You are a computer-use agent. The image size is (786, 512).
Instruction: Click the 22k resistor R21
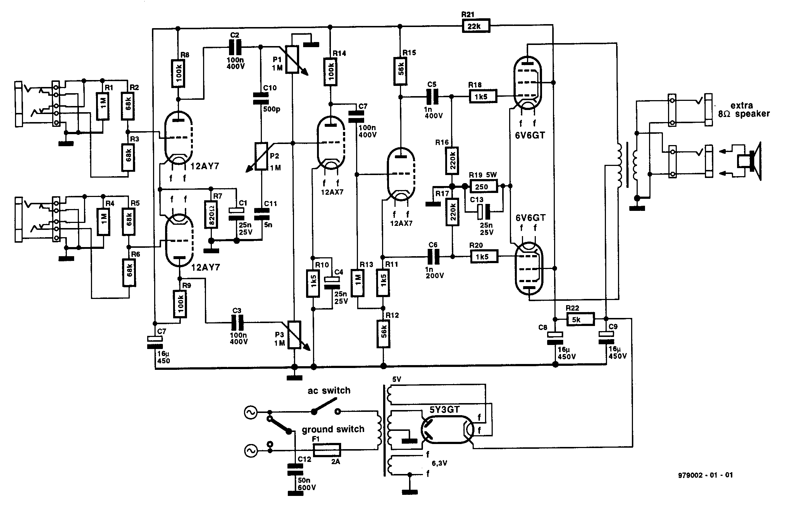476,27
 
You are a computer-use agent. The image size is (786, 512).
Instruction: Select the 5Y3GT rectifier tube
447,429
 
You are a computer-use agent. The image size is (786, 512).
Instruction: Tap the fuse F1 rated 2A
327,450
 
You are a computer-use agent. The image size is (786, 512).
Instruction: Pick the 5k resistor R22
580,319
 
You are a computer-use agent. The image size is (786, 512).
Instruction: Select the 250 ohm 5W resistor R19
484,187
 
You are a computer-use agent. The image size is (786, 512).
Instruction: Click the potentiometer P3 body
294,335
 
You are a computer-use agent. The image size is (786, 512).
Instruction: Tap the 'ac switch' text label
329,391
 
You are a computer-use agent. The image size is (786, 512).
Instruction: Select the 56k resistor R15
400,71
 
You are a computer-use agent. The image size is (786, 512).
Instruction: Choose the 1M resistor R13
358,283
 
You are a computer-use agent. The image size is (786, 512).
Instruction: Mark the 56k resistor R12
383,334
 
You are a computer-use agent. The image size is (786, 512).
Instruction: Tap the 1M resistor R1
103,106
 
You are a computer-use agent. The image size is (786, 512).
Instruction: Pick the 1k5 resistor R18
483,96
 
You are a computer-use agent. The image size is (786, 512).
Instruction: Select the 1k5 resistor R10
313,283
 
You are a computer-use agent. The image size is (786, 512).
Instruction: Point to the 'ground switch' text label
333,429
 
